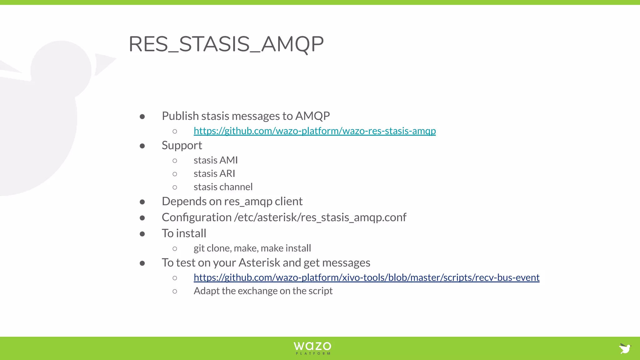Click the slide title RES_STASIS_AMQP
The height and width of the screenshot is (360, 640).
click(x=226, y=44)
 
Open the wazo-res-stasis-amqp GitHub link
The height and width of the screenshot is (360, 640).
click(x=314, y=131)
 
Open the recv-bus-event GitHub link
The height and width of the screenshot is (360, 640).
click(x=366, y=277)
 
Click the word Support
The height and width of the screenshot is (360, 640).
click(x=182, y=146)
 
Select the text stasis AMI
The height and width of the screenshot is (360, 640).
click(x=216, y=160)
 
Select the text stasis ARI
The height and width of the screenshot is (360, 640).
click(x=214, y=174)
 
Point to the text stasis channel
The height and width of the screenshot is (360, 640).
click(x=223, y=187)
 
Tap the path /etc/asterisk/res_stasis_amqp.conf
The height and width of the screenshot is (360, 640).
click(x=320, y=217)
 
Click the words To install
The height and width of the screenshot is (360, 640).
click(x=184, y=233)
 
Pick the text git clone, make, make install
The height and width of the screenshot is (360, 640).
click(x=252, y=248)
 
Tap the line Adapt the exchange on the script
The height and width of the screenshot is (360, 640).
click(x=263, y=291)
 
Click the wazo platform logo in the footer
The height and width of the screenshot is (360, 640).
click(x=312, y=348)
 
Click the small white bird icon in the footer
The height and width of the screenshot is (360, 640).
click(x=625, y=348)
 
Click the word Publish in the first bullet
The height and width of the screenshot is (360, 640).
click(x=180, y=116)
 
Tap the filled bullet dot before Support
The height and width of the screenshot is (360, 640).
click(x=142, y=146)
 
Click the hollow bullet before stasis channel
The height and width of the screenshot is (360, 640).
click(x=175, y=187)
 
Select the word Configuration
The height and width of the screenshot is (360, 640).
click(x=197, y=217)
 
